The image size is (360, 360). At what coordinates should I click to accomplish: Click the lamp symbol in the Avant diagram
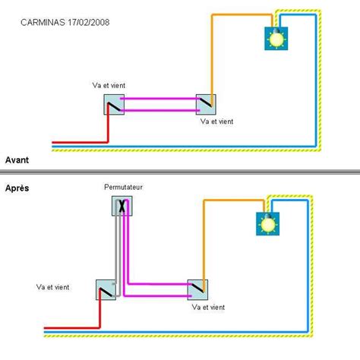[x=275, y=38]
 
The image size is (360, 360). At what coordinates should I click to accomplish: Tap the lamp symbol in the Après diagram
[x=267, y=223]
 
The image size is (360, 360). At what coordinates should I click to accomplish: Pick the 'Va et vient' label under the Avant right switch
[x=217, y=121]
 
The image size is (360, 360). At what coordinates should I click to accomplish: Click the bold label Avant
[x=17, y=160]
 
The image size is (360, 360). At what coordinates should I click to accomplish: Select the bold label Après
[x=17, y=187]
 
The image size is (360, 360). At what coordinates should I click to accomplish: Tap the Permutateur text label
[x=123, y=187]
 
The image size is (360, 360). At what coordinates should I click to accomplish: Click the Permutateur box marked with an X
[x=123, y=206]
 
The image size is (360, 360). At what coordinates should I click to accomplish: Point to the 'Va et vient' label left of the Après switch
[x=54, y=287]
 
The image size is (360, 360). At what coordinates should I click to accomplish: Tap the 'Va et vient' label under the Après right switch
[x=209, y=307]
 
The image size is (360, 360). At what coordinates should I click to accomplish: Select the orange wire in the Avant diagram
[x=213, y=53]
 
